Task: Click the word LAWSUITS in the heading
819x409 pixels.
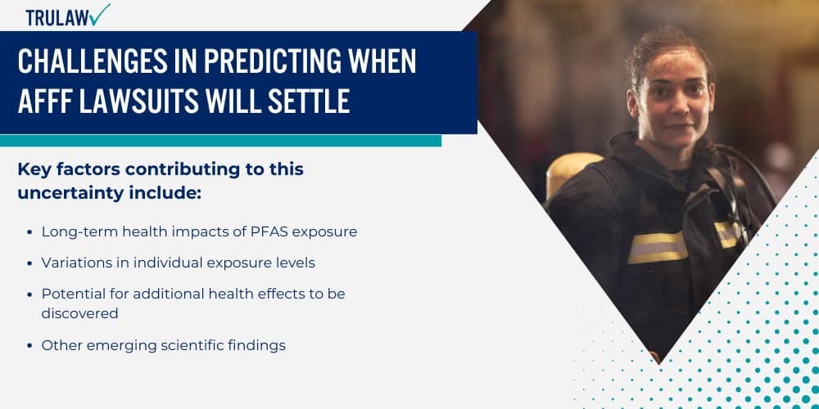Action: (142, 101)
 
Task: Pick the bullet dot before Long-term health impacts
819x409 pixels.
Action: (30, 232)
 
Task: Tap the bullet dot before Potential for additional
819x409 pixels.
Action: (30, 294)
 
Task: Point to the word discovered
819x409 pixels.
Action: (80, 313)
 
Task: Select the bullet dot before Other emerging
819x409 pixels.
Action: (30, 345)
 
